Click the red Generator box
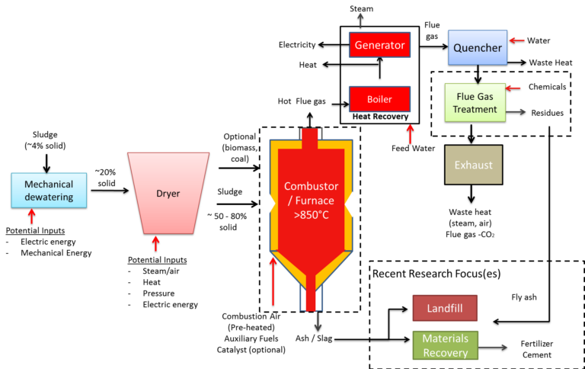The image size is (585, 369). coord(379,45)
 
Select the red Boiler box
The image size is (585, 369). coord(379,99)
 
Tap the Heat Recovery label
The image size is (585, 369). coord(379,117)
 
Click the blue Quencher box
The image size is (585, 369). coord(478,47)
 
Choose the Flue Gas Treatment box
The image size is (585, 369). coord(475,103)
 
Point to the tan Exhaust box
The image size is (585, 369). coord(473,165)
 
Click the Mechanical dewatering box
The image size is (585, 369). coord(49,190)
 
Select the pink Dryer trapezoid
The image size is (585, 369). coord(168,193)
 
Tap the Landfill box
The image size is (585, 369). coord(445,308)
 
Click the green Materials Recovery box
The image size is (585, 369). coord(445,345)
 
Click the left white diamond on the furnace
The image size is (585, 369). coord(267,204)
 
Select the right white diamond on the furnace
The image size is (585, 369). coord(353,204)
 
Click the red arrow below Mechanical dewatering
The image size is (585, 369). coord(32,216)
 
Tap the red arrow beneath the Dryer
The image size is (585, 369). coord(156,243)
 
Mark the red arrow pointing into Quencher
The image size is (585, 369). coord(516,40)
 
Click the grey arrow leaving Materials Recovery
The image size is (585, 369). coord(494,347)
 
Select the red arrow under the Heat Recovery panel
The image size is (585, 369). coord(410,133)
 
